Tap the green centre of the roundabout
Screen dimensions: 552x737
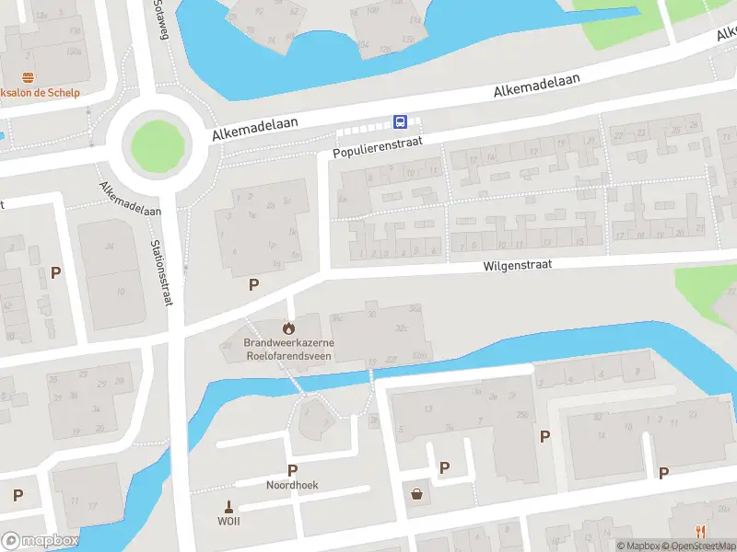click(x=157, y=144)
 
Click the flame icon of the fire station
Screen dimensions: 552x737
click(x=289, y=328)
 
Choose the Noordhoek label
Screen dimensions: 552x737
click(x=292, y=485)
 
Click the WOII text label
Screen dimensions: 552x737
click(x=228, y=522)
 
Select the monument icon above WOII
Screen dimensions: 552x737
click(x=228, y=505)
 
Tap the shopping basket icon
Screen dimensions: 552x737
click(x=418, y=494)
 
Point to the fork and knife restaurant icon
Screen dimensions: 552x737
click(x=701, y=531)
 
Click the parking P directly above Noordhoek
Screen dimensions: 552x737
click(x=292, y=469)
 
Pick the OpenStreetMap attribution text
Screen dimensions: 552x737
click(x=699, y=546)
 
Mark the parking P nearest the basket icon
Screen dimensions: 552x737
click(x=444, y=468)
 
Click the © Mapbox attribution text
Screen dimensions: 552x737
click(x=638, y=546)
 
